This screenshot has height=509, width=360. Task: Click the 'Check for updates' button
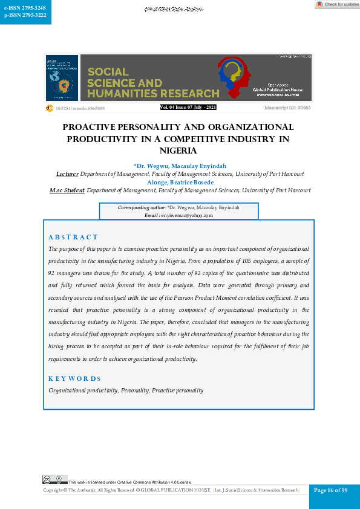coord(337,4)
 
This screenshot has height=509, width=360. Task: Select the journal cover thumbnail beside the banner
coord(62,78)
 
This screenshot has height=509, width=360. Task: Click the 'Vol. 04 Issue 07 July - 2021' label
coord(188,108)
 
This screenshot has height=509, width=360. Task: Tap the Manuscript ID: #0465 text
coord(287,108)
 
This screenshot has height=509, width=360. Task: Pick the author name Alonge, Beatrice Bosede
coord(180,182)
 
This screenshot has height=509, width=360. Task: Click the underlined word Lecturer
coord(67,174)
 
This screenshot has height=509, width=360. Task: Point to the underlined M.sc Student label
coord(67,190)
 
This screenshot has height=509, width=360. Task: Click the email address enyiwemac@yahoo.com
coord(188,215)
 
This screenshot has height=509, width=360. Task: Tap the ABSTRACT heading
coord(73,237)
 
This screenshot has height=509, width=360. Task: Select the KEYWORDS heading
coord(74,378)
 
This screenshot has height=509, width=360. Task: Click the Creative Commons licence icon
coord(54,479)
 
